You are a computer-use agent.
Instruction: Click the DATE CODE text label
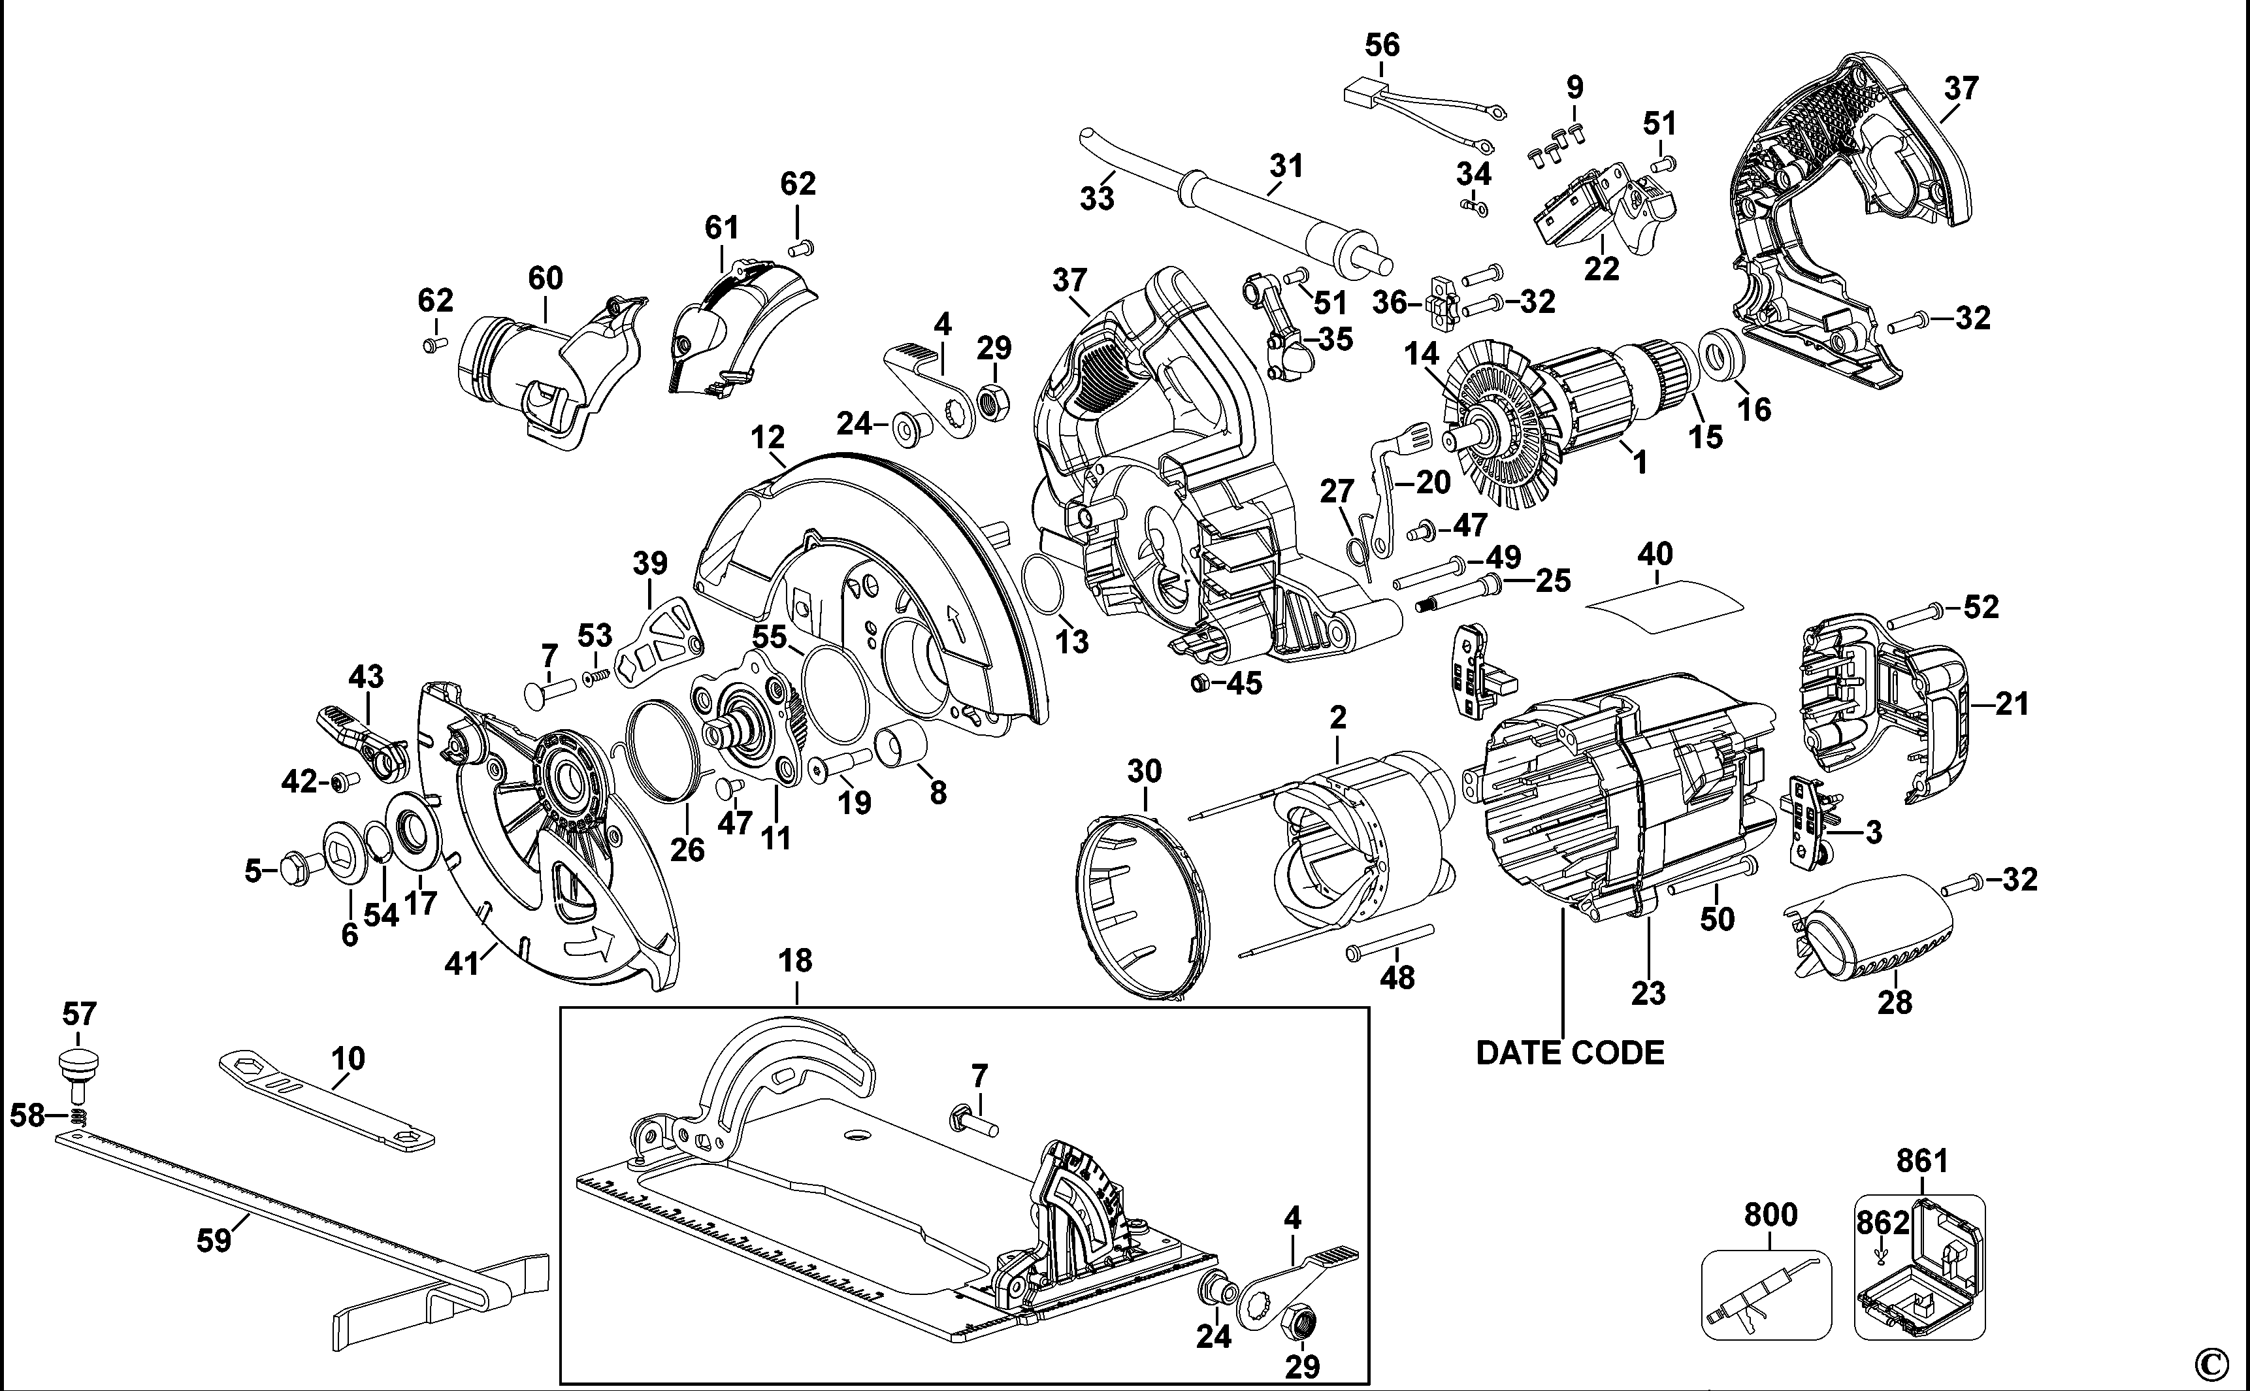(1569, 1053)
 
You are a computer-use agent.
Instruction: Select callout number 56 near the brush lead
(1382, 45)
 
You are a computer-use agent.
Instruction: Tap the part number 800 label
(1770, 1215)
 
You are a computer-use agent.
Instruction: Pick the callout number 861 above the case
(1923, 1161)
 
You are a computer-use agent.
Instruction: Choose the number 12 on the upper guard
(767, 437)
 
